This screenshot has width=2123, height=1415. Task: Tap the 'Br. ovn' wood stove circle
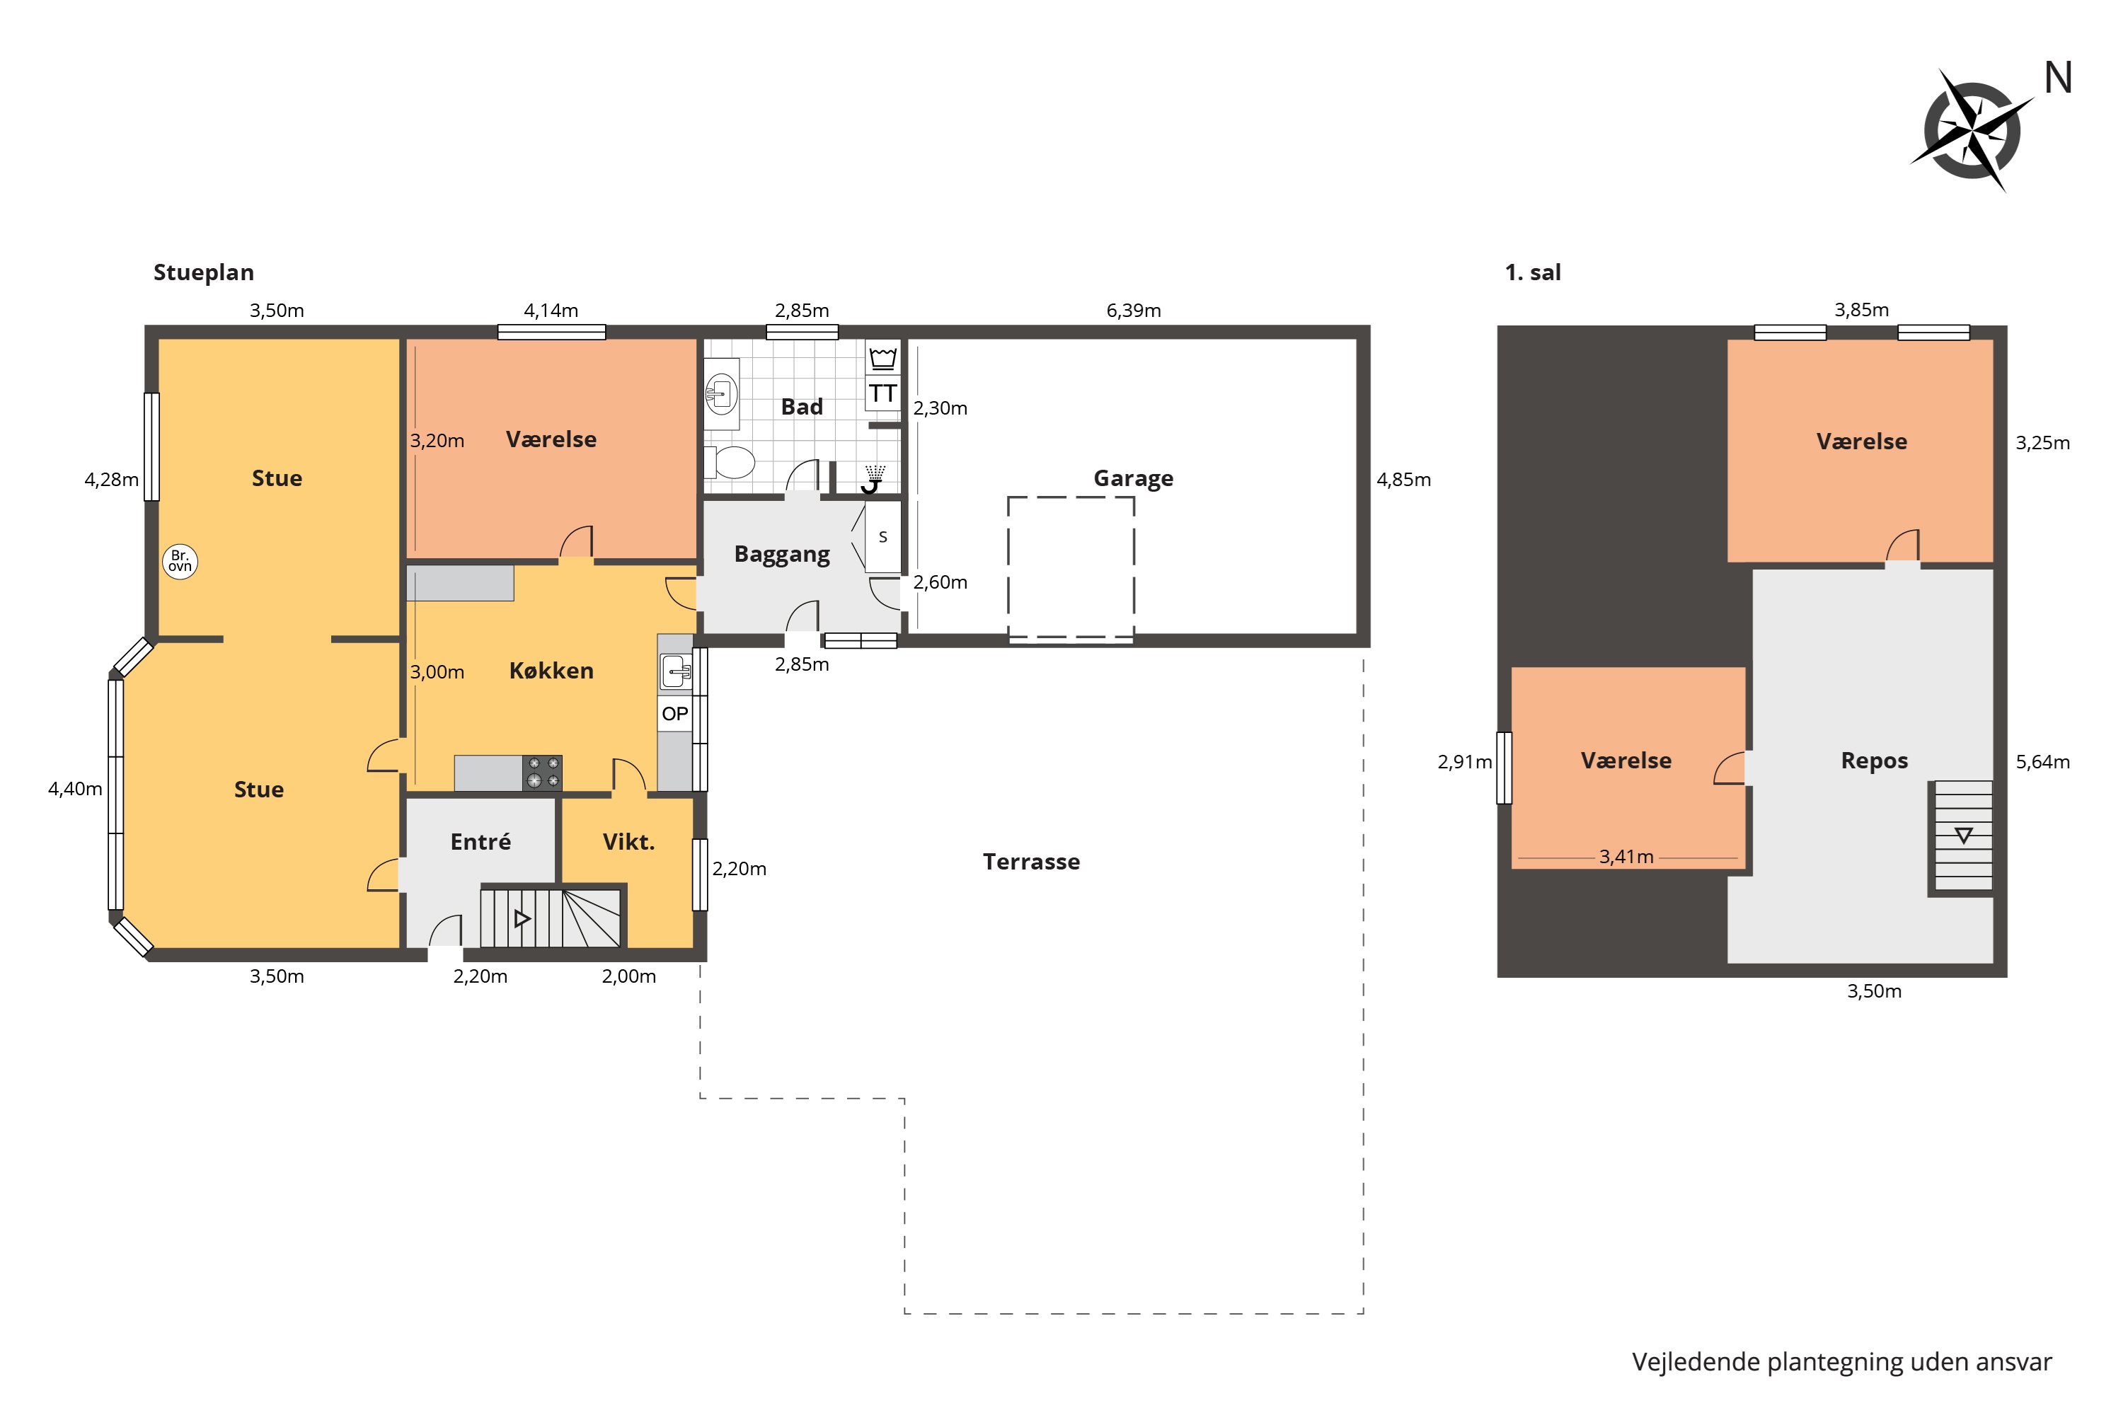[180, 561]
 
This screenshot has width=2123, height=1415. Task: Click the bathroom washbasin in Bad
[721, 393]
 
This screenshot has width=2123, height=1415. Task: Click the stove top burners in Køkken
[543, 773]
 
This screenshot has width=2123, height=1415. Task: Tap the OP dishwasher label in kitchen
[674, 714]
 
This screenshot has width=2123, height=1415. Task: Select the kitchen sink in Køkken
[675, 671]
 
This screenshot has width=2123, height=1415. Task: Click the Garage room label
[1133, 478]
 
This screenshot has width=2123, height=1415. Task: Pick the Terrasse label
[1031, 862]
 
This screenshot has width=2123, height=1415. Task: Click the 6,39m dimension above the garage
[1133, 311]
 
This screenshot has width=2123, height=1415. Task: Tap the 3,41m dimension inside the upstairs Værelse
[1626, 856]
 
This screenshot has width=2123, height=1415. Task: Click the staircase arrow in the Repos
[1962, 836]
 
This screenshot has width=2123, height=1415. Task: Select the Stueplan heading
[203, 272]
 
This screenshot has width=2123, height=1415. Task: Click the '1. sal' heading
[1532, 272]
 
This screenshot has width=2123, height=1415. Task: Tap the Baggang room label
[782, 554]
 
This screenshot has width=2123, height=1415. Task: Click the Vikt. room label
[628, 842]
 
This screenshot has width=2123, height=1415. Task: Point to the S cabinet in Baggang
[882, 537]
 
